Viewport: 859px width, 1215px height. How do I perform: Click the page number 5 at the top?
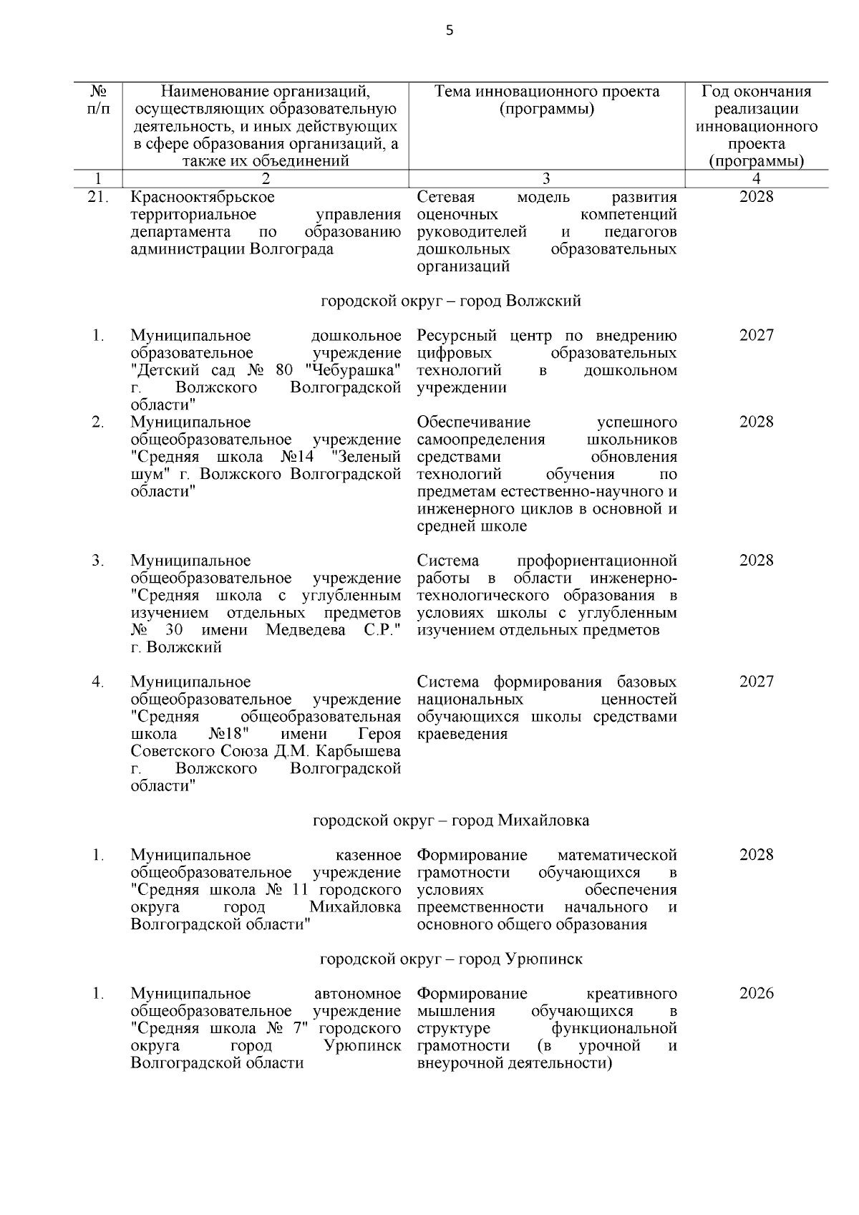coord(450,30)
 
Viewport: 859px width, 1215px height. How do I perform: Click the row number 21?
coord(97,197)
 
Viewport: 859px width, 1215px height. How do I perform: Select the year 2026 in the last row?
coord(756,994)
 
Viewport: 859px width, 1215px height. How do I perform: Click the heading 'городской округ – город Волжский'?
coord(450,301)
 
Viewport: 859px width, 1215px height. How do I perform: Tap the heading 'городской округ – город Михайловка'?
coord(451,821)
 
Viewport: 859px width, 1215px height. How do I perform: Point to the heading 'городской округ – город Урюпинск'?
coord(451,959)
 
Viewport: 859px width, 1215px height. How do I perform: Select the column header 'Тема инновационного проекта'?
coord(547,92)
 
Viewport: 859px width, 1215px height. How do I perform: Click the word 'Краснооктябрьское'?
coord(203,197)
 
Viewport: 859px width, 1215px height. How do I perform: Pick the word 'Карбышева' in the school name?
coord(364,752)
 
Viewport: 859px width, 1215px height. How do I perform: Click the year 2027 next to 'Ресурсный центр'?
coord(756,336)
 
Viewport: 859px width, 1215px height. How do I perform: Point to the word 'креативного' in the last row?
coord(631,994)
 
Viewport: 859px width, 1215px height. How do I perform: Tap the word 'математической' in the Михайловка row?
coord(617,855)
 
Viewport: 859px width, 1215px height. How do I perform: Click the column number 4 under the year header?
coord(756,179)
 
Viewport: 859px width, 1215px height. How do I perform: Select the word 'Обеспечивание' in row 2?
coord(473,422)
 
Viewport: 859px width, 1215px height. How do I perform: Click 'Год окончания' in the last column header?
coord(756,92)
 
